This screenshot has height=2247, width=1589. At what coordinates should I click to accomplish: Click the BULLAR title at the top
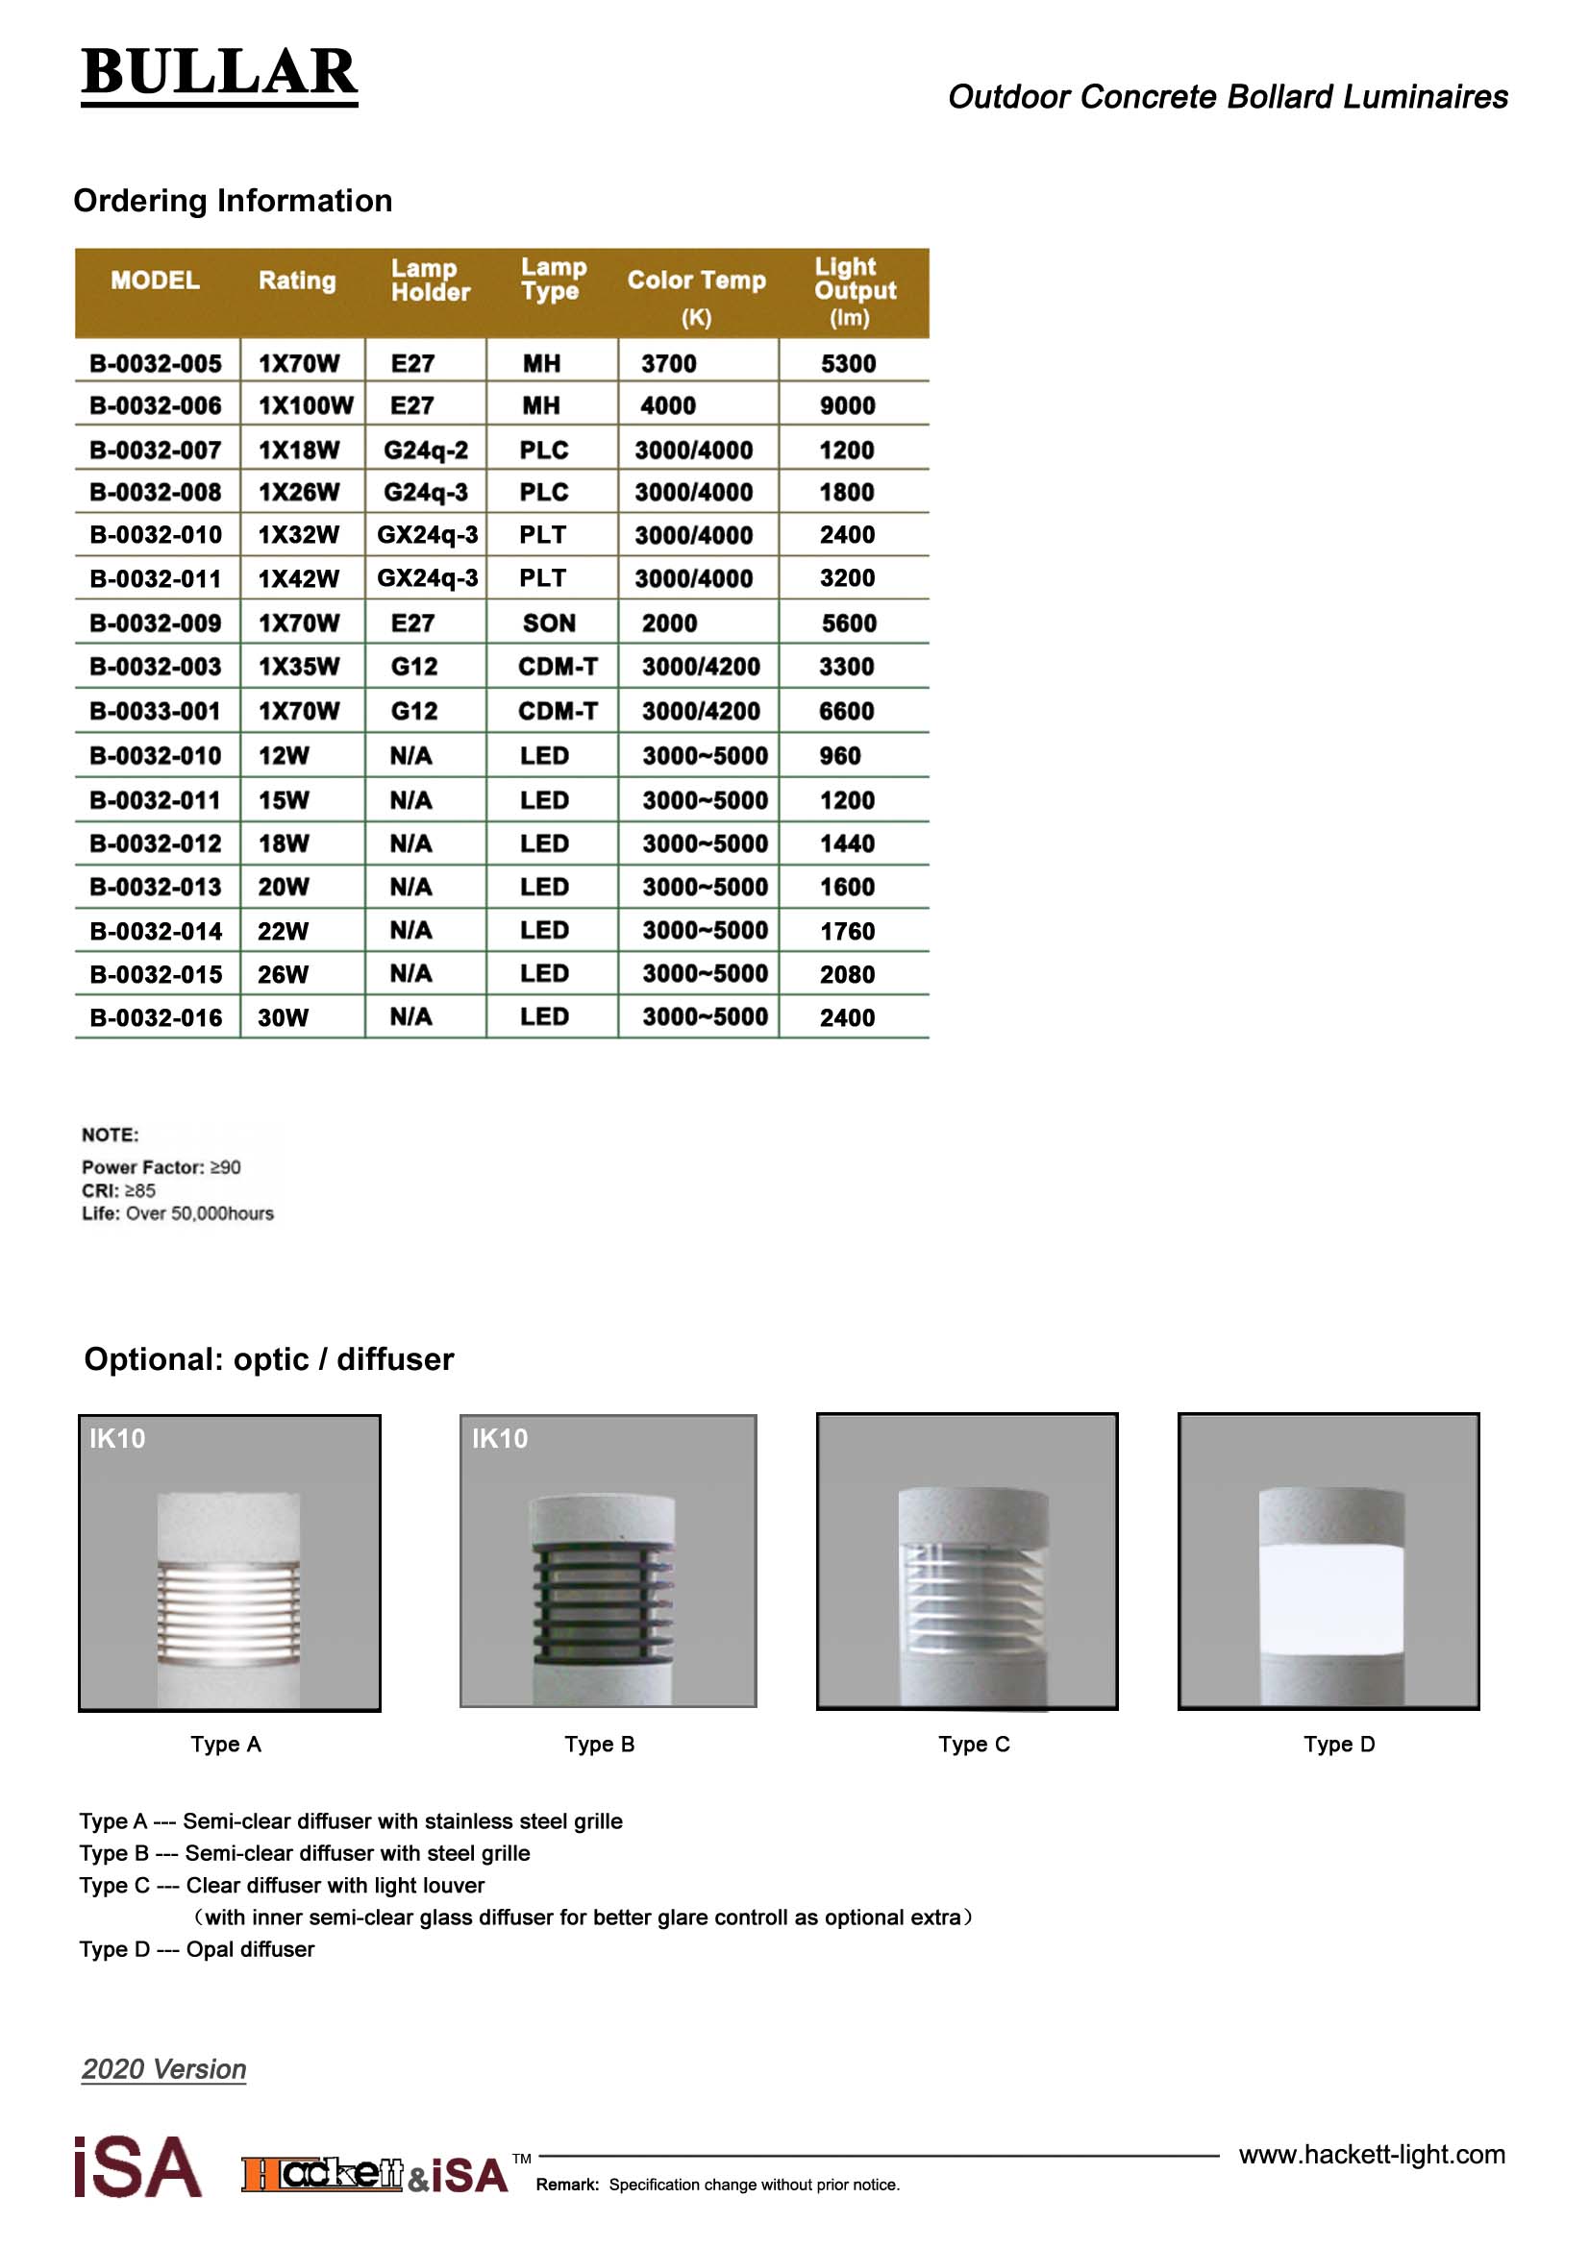click(x=219, y=72)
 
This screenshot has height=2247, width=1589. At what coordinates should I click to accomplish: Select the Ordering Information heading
click(x=233, y=201)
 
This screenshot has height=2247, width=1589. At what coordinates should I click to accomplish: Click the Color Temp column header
click(x=696, y=281)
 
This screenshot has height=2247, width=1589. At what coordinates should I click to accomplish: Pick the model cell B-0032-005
click(x=156, y=364)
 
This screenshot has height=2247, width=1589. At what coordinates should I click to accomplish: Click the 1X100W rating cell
click(x=306, y=406)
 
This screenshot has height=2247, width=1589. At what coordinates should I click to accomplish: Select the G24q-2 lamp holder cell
click(x=426, y=451)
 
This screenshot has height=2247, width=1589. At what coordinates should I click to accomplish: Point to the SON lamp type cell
click(x=549, y=623)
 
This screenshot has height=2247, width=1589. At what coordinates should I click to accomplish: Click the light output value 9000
click(x=848, y=406)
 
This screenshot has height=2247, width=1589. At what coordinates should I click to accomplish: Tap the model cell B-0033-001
click(x=156, y=712)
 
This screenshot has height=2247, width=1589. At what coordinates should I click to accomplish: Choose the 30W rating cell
click(x=283, y=1017)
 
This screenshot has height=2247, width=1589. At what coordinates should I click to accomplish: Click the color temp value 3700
click(x=669, y=364)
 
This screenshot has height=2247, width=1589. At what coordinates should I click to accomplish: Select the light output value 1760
click(x=848, y=931)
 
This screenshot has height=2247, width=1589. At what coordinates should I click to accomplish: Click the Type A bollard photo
click(x=229, y=1562)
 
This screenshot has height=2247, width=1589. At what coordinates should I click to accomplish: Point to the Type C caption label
click(x=973, y=1744)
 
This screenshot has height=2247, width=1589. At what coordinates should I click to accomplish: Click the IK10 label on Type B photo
click(x=499, y=1439)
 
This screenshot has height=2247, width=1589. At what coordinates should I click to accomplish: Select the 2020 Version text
click(x=163, y=2069)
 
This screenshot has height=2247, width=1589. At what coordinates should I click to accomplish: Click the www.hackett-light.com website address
click(x=1372, y=2154)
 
